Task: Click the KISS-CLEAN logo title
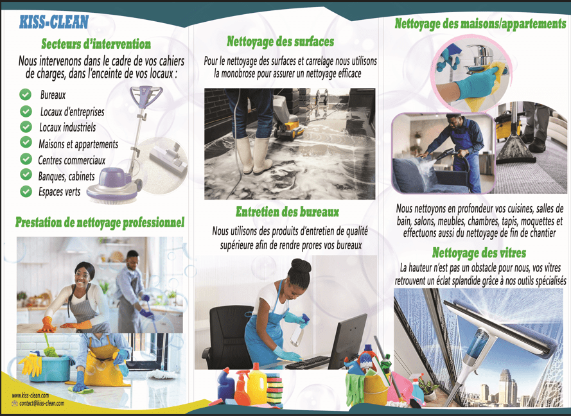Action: coord(54,22)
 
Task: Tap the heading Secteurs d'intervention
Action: coord(96,44)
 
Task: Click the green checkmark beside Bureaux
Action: coord(26,94)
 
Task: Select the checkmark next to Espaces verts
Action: coord(26,191)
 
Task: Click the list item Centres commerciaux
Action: coord(72,160)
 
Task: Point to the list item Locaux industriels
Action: coord(67,127)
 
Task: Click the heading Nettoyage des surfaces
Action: coord(281,42)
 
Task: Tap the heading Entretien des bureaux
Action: coord(287,212)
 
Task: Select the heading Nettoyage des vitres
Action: coord(479,252)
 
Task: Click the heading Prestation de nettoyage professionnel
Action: coord(100,222)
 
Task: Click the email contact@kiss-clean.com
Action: coord(42,403)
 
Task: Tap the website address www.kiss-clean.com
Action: coord(30,395)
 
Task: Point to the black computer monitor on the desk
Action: coord(347,341)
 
